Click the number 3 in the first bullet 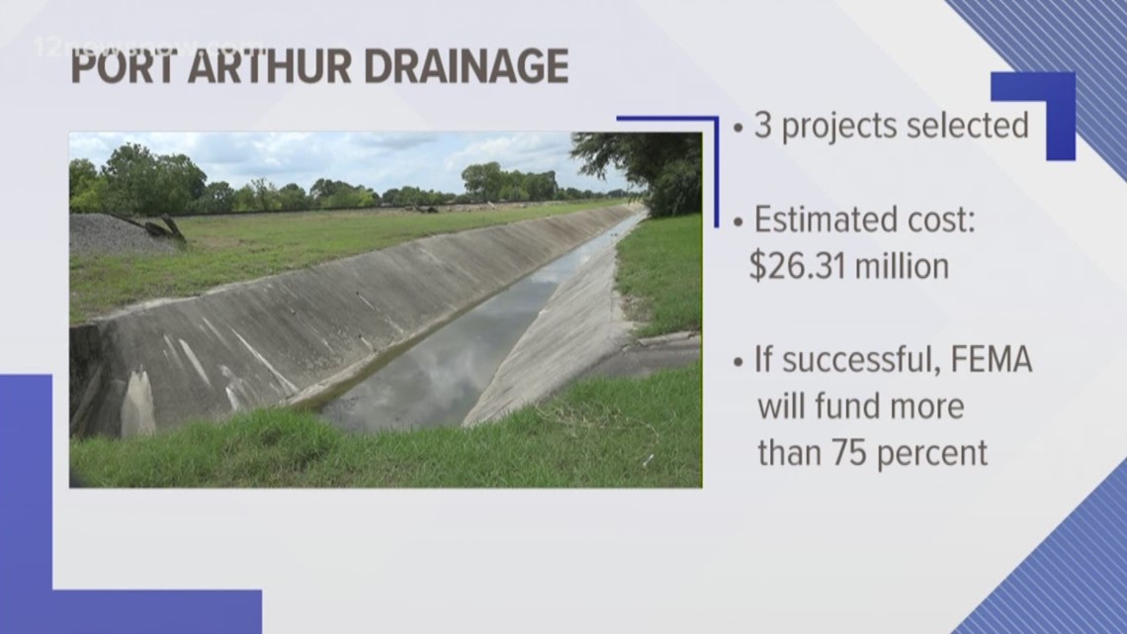click(764, 127)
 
